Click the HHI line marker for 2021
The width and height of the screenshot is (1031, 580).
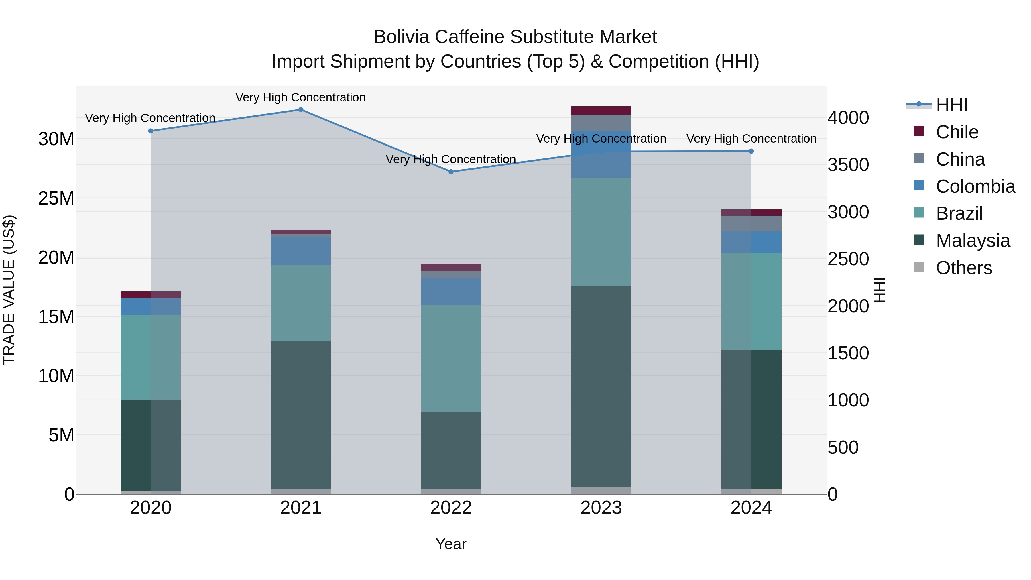point(301,110)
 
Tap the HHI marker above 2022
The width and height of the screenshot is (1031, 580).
point(451,172)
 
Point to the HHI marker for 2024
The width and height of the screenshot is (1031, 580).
point(751,151)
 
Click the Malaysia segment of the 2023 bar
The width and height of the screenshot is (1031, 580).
point(601,386)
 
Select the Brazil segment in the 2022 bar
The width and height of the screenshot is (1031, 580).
point(451,358)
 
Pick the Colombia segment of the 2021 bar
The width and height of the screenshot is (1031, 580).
point(301,251)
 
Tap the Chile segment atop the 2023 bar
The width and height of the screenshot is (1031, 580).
point(601,111)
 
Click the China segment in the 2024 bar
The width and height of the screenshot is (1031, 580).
point(751,224)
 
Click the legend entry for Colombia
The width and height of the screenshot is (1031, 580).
point(975,186)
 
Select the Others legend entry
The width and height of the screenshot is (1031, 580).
point(963,268)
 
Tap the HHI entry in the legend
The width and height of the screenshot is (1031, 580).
point(951,105)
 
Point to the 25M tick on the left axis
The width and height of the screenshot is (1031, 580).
point(56,198)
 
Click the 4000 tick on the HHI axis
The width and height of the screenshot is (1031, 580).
point(848,118)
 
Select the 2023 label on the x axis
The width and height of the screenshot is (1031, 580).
point(601,508)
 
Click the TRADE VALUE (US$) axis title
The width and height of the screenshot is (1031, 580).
point(9,290)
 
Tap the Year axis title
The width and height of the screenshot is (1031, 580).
point(451,544)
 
